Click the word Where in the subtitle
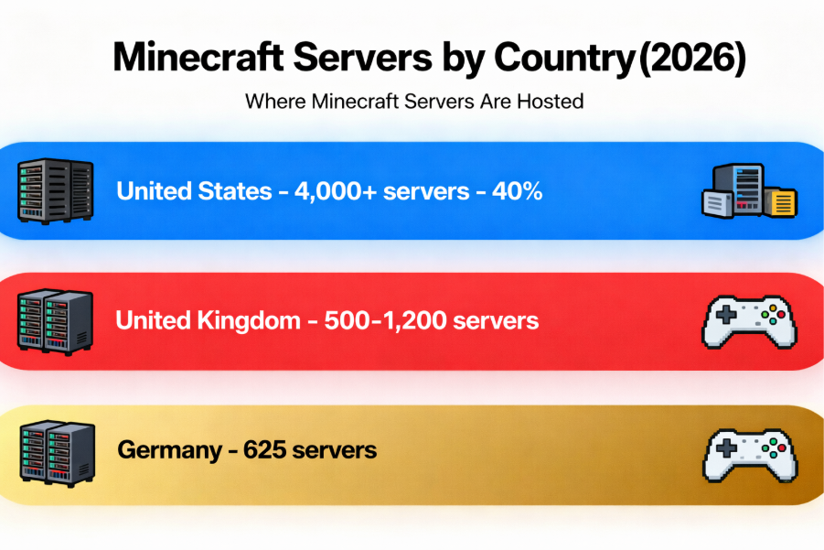[x=274, y=101]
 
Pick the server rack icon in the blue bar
[x=55, y=190]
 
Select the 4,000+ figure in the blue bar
[x=330, y=192]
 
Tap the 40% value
[x=516, y=192]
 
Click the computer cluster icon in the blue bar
[x=749, y=191]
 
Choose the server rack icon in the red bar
[x=55, y=320]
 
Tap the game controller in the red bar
[x=748, y=321]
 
